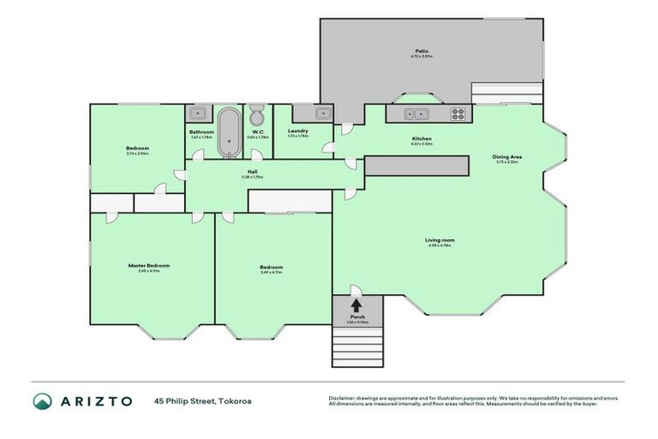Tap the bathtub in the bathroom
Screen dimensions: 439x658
pos(229,132)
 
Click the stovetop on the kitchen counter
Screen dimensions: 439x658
pos(458,112)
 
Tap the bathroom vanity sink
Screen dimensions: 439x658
pos(198,112)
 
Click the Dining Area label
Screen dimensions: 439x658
pos(507,157)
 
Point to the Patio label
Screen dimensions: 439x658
pos(422,51)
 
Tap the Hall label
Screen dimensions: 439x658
pos(253,171)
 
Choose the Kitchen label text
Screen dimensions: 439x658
pos(421,138)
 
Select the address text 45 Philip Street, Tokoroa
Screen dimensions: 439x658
pos(203,401)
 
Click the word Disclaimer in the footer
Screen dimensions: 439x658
pos(343,398)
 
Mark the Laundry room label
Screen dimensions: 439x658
pos(298,130)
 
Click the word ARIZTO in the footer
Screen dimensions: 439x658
pos(96,401)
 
